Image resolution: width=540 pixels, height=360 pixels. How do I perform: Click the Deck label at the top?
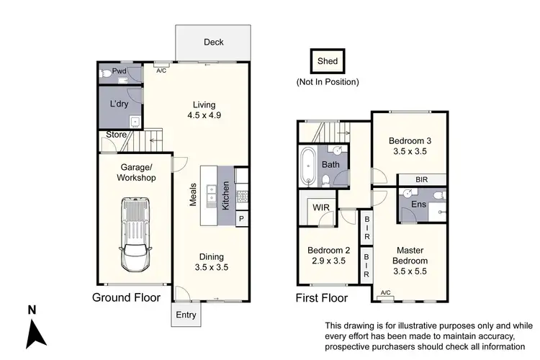213,42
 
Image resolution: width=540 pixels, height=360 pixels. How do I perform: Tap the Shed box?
327,61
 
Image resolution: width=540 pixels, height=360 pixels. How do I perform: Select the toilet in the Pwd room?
106,73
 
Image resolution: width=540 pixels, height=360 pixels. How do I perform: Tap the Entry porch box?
186,314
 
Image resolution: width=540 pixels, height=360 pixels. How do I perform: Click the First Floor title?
322,297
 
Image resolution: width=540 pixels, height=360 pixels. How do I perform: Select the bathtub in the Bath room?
307,167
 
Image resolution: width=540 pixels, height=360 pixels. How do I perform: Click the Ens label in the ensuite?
418,204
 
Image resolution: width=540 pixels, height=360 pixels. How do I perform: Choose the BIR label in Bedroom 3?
425,179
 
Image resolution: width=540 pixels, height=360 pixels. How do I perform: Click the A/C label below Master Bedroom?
384,292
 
